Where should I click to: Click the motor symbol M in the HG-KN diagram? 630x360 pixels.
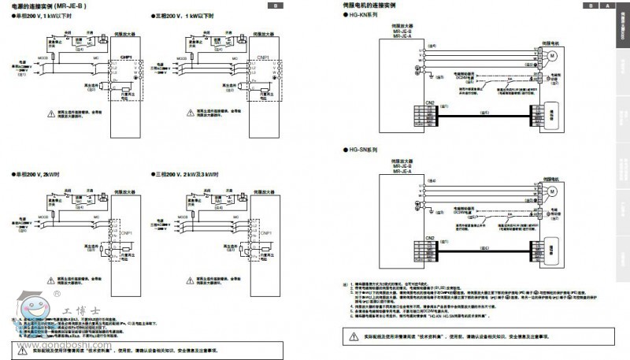552,54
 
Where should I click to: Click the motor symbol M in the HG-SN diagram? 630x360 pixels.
552,190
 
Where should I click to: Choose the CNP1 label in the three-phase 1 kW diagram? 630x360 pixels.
265,58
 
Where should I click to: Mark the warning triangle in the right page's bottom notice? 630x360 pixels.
354,336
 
